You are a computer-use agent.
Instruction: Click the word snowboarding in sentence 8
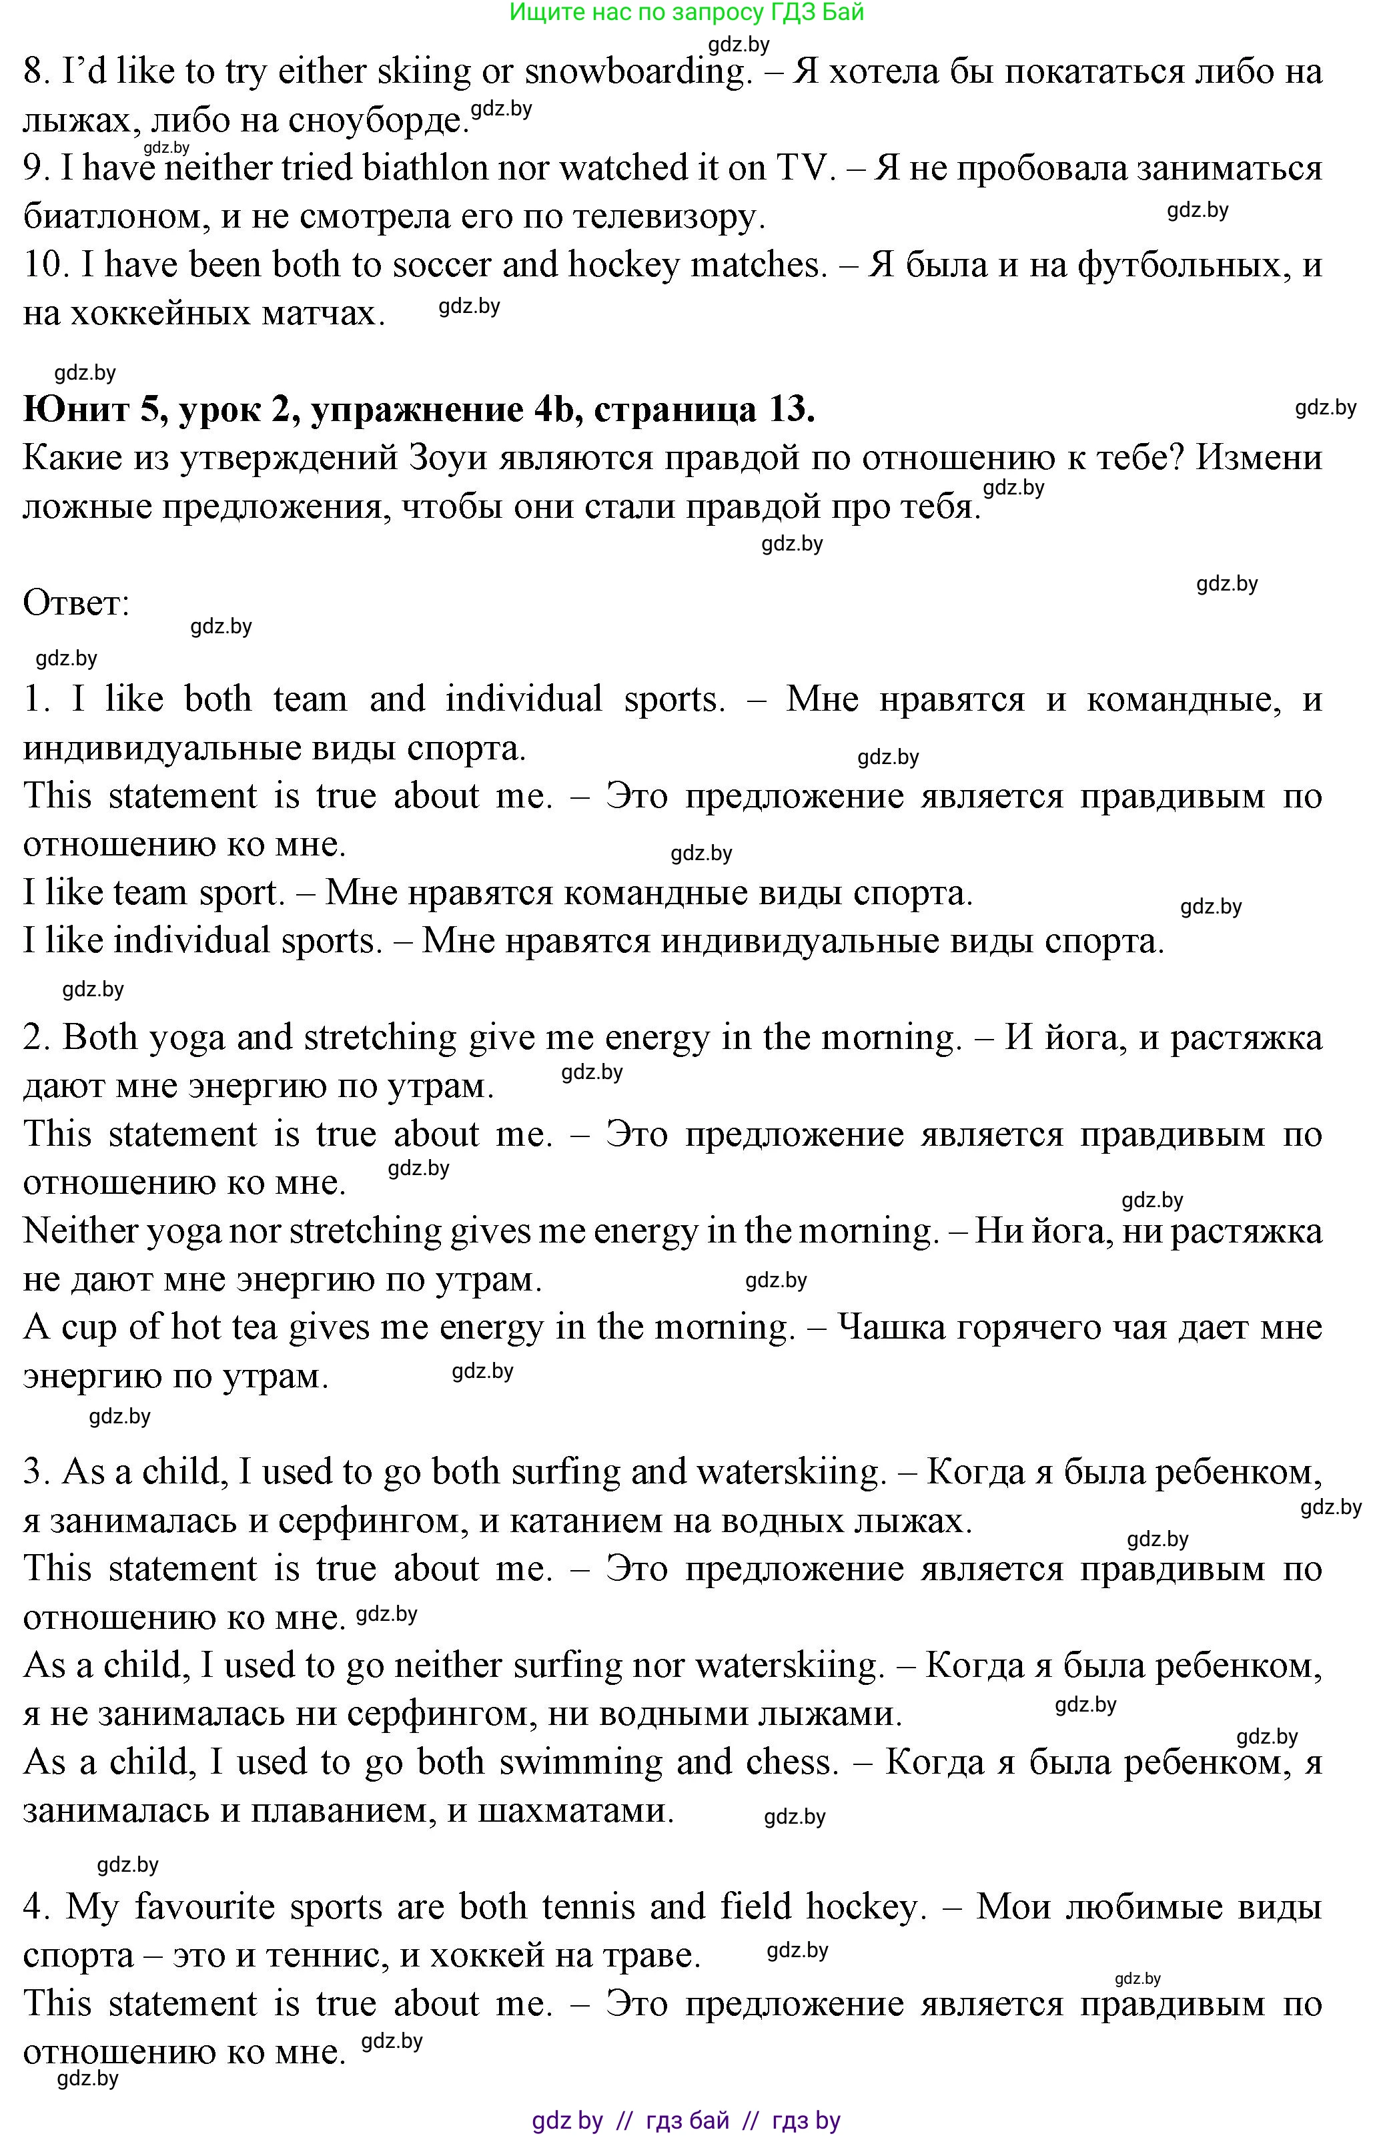tap(635, 72)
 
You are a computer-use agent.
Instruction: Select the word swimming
tap(580, 1762)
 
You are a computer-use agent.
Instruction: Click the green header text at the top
tap(686, 13)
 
